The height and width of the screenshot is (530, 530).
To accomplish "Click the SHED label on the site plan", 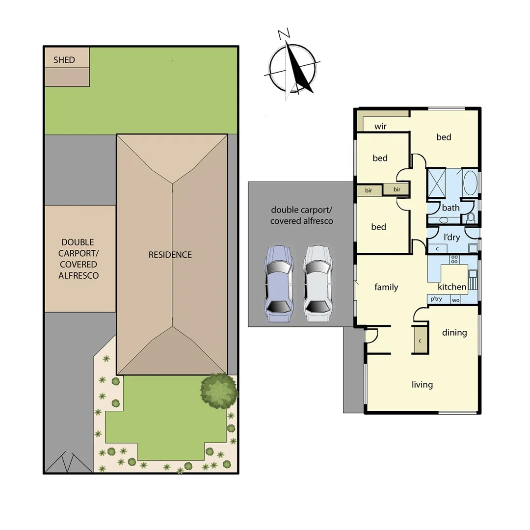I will pos(64,60).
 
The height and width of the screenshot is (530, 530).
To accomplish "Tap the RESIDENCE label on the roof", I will pos(170,255).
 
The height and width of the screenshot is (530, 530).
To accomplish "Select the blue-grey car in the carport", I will pos(278,284).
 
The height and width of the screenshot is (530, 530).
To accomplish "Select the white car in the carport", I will pos(317,284).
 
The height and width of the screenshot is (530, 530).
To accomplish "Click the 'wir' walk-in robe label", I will pos(380,126).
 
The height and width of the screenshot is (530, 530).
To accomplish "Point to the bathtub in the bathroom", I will pos(470,183).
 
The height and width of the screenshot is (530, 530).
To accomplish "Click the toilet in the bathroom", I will pos(471,216).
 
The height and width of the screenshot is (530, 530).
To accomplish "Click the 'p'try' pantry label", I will pos(436,299).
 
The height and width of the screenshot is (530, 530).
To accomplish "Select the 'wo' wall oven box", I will pos(455,300).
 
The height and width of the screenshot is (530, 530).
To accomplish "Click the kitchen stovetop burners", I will pos(454,260).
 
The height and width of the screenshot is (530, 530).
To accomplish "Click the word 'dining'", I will pos(454,333).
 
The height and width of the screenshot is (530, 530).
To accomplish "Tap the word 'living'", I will pos(422,384).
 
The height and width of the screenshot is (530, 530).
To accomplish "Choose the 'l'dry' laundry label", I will pos(451,238).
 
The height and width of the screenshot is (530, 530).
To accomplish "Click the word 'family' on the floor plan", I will pos(386,287).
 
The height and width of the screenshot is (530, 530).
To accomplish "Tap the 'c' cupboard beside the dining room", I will pos(421,340).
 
